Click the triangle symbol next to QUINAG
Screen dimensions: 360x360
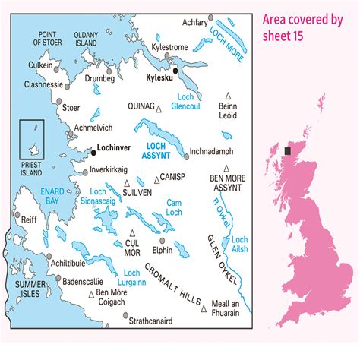click(158, 109)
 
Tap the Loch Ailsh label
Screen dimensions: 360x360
click(239, 244)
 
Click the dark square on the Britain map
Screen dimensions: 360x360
click(288, 151)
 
